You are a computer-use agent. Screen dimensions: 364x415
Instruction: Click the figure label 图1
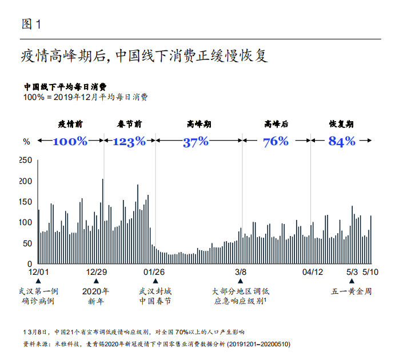point(31,24)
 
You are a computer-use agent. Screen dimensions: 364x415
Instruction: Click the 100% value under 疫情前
point(70,141)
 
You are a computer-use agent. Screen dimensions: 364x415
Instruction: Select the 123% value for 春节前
point(129,141)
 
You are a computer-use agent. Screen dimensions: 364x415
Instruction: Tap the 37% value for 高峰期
point(195,142)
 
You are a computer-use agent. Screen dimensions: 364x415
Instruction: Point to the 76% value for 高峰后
point(276,141)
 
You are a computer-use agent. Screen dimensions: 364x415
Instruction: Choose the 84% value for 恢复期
point(342,141)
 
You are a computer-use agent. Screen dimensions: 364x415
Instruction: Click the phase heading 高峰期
point(198,123)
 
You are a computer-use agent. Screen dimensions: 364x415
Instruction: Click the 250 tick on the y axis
point(26,161)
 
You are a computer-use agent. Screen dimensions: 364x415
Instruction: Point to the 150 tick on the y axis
point(26,202)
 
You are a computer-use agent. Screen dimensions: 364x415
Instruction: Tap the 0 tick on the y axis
point(30,265)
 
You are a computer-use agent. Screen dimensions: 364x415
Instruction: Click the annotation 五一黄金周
point(352,291)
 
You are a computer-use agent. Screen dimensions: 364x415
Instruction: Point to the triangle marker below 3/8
point(241,281)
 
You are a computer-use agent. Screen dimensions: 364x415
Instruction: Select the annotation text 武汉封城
point(155,291)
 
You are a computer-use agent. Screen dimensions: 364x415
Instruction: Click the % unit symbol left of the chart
point(26,142)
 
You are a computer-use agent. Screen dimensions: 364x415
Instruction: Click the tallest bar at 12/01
point(38,211)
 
